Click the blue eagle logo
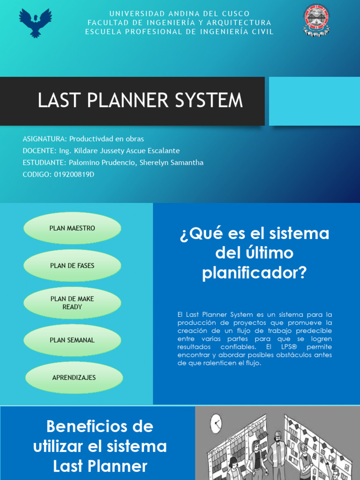35,22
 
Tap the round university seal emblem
316,21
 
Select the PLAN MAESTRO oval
72,228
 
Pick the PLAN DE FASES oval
72,266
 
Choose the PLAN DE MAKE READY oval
72,303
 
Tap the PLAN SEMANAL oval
72,340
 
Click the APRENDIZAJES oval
74,377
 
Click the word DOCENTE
38,151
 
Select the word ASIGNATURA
44,139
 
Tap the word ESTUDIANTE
44,163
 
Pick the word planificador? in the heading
254,272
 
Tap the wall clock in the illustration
216,424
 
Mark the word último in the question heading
268,253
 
